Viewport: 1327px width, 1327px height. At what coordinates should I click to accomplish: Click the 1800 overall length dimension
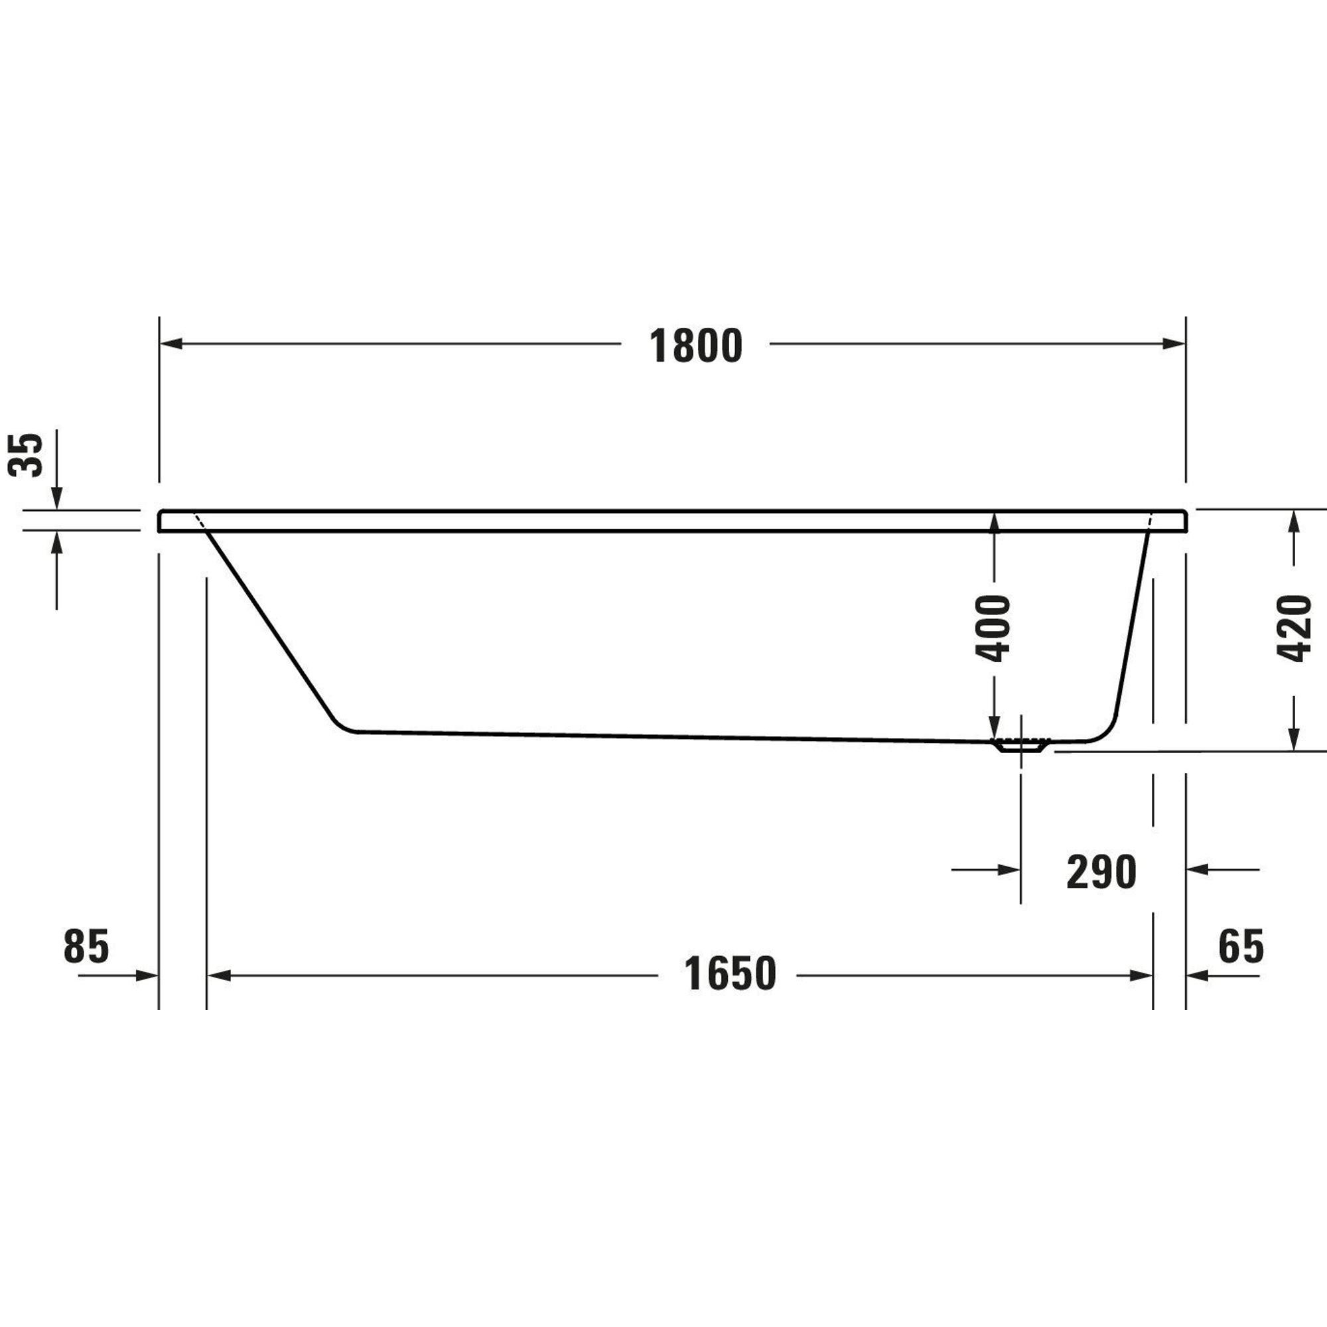tap(696, 346)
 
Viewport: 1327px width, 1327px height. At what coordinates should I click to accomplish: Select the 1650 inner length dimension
tap(730, 973)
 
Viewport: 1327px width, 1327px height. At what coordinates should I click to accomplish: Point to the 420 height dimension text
tap(1294, 628)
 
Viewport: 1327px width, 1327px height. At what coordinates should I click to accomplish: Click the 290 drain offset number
tap(1101, 873)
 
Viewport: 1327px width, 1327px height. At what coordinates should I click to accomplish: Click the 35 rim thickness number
tap(25, 454)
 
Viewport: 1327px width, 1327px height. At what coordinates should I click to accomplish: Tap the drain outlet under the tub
tap(1021, 745)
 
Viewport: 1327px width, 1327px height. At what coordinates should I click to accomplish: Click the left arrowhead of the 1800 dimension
tap(171, 344)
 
